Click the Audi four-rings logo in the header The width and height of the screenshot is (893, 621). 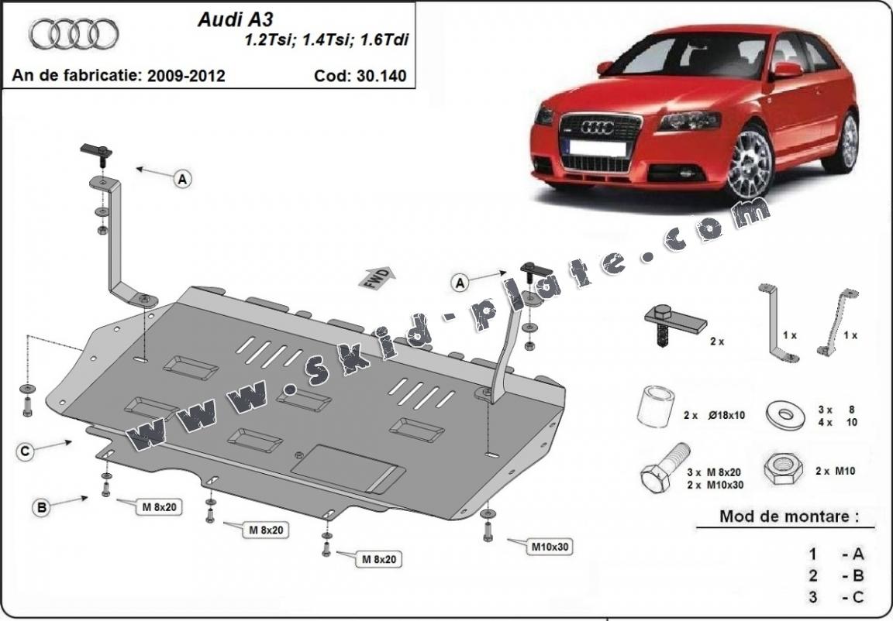tap(74, 34)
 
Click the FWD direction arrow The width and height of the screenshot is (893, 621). tap(378, 276)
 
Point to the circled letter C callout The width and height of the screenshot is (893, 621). tap(26, 451)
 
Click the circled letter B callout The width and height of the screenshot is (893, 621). tap(41, 508)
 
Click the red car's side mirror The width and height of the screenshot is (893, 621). tap(786, 70)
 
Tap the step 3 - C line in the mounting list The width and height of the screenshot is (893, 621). tap(836, 597)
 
